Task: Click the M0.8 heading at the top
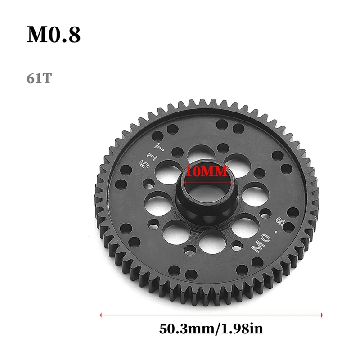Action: pyautogui.click(x=54, y=35)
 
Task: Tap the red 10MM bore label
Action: pyautogui.click(x=207, y=171)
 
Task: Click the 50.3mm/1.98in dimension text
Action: pyautogui.click(x=211, y=329)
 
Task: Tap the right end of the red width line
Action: pyautogui.click(x=322, y=315)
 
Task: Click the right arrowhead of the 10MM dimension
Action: pyautogui.click(x=231, y=183)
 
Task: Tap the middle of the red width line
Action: pyautogui.click(x=211, y=315)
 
